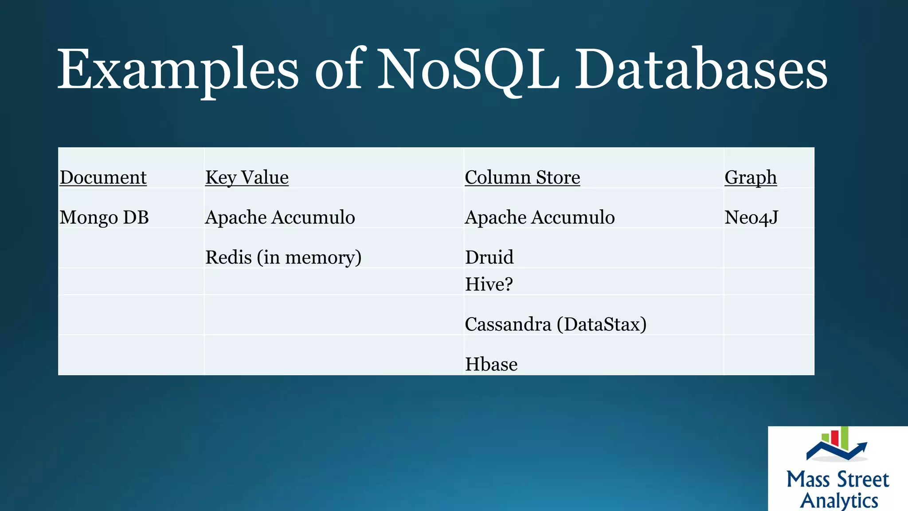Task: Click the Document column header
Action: pos(103,177)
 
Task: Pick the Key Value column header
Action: pos(247,177)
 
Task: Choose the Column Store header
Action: pos(522,177)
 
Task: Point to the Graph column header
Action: pos(751,177)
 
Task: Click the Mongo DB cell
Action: pos(104,217)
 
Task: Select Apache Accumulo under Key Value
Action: pos(280,217)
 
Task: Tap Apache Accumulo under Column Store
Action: pos(540,217)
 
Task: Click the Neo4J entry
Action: pos(751,217)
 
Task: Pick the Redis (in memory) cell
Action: pos(283,257)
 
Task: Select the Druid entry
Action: pos(489,257)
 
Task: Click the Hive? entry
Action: pos(489,284)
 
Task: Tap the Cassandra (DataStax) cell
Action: pos(556,324)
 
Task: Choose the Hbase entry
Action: pos(491,365)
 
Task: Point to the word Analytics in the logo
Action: pos(839,500)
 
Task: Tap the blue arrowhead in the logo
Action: pos(862,446)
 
